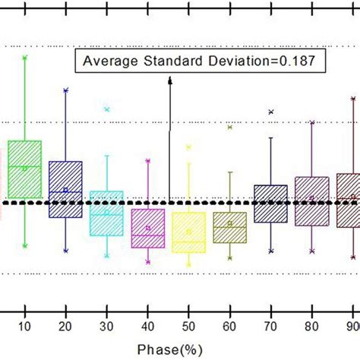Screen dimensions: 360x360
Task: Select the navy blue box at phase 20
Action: (65, 188)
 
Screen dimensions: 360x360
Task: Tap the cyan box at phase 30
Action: (106, 213)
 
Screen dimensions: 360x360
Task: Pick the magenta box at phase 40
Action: (147, 228)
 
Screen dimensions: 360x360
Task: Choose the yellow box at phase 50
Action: (188, 232)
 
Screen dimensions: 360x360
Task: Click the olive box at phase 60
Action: (229, 227)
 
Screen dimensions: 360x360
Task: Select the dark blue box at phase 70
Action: (270, 203)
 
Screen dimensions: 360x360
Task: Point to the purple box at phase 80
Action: (311, 200)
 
